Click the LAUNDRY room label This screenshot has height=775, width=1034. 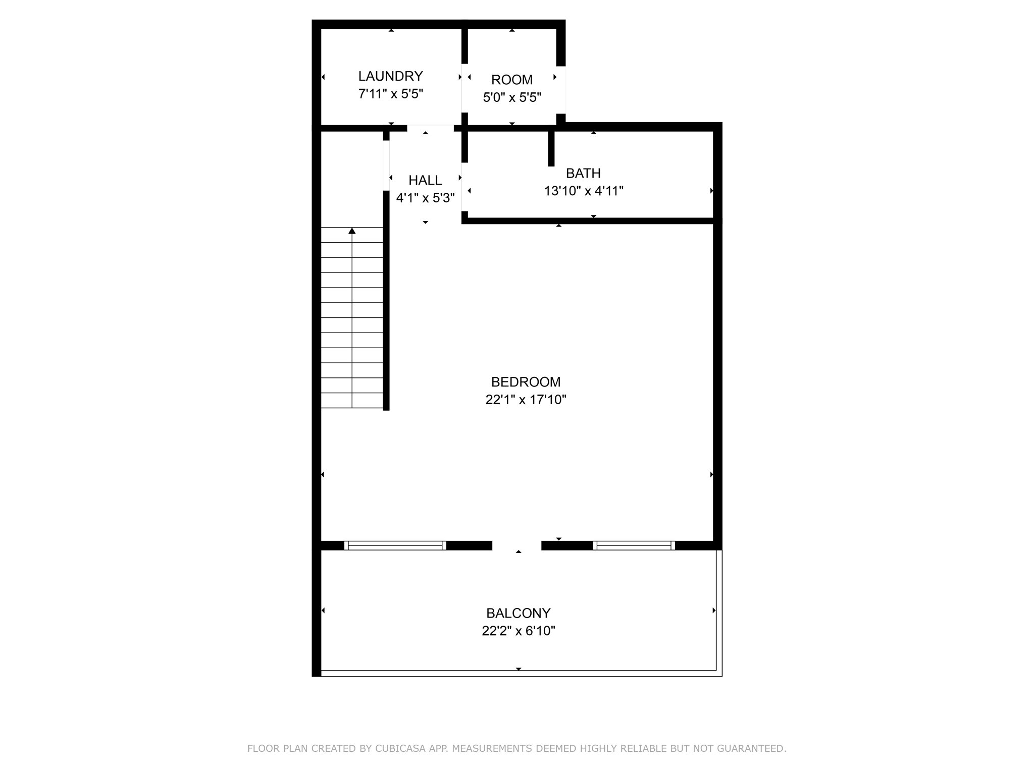390,76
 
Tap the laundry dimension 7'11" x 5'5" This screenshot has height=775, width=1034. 390,94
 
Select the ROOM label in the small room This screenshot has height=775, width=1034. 512,80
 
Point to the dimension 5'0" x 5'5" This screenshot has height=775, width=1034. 512,97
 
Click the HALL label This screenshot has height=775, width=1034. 425,180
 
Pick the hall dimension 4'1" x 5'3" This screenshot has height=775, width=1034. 425,198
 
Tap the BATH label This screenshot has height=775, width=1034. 583,173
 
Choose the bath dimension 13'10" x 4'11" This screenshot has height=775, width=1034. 584,191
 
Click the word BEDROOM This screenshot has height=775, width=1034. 526,382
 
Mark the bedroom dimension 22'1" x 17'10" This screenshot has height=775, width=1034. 526,400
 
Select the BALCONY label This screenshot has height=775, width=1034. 518,613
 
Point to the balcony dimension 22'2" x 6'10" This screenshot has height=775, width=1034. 519,631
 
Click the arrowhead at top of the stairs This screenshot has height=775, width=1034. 352,231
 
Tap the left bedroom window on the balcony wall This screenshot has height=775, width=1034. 395,545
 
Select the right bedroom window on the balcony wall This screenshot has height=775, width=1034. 634,545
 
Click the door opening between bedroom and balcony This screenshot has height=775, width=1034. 516,545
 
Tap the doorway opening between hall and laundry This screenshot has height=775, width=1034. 430,128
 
